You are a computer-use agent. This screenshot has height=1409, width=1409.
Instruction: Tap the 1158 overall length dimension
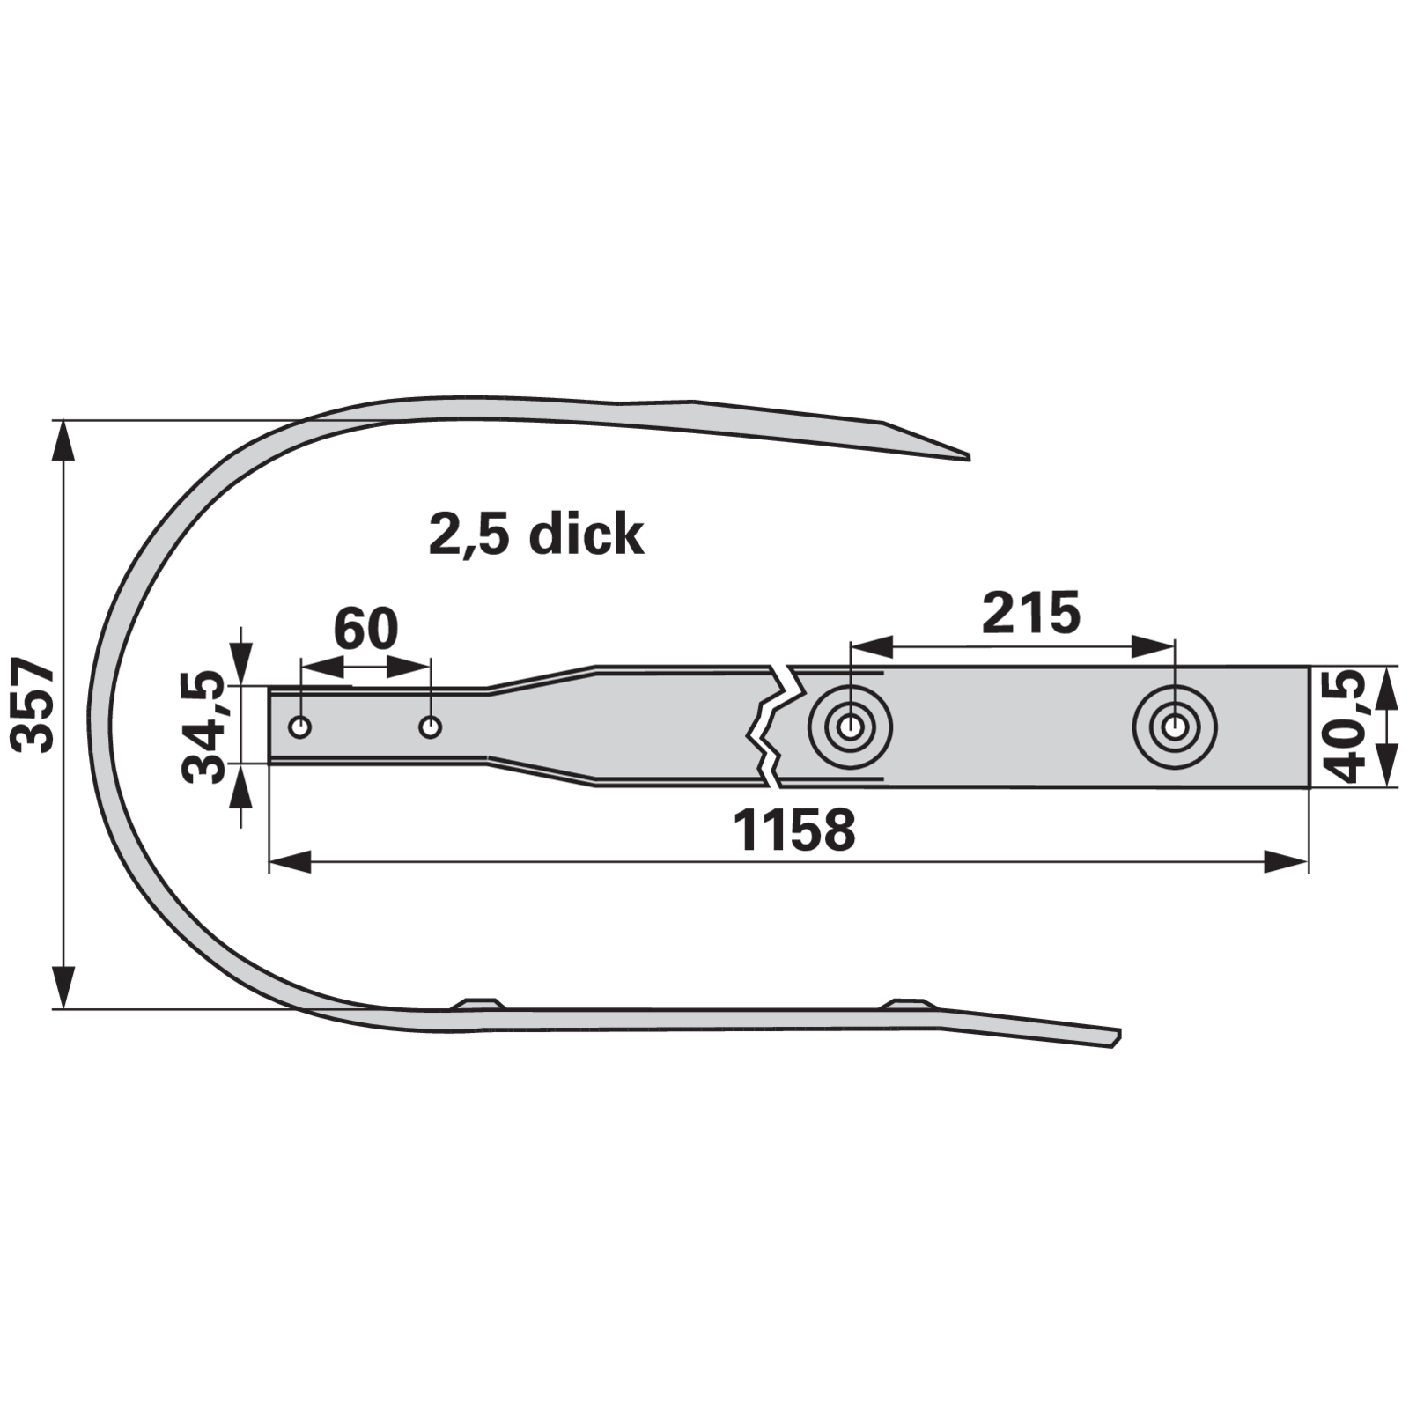coord(793,830)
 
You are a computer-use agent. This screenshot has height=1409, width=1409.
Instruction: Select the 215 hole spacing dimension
coord(1030,613)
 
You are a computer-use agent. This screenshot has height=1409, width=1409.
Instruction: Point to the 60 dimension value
coord(365,629)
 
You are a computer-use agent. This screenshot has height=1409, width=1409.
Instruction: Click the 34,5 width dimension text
coord(203,727)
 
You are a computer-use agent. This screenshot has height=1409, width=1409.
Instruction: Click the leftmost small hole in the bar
coord(300,727)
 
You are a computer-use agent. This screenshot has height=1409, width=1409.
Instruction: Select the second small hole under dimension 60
coord(431,727)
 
